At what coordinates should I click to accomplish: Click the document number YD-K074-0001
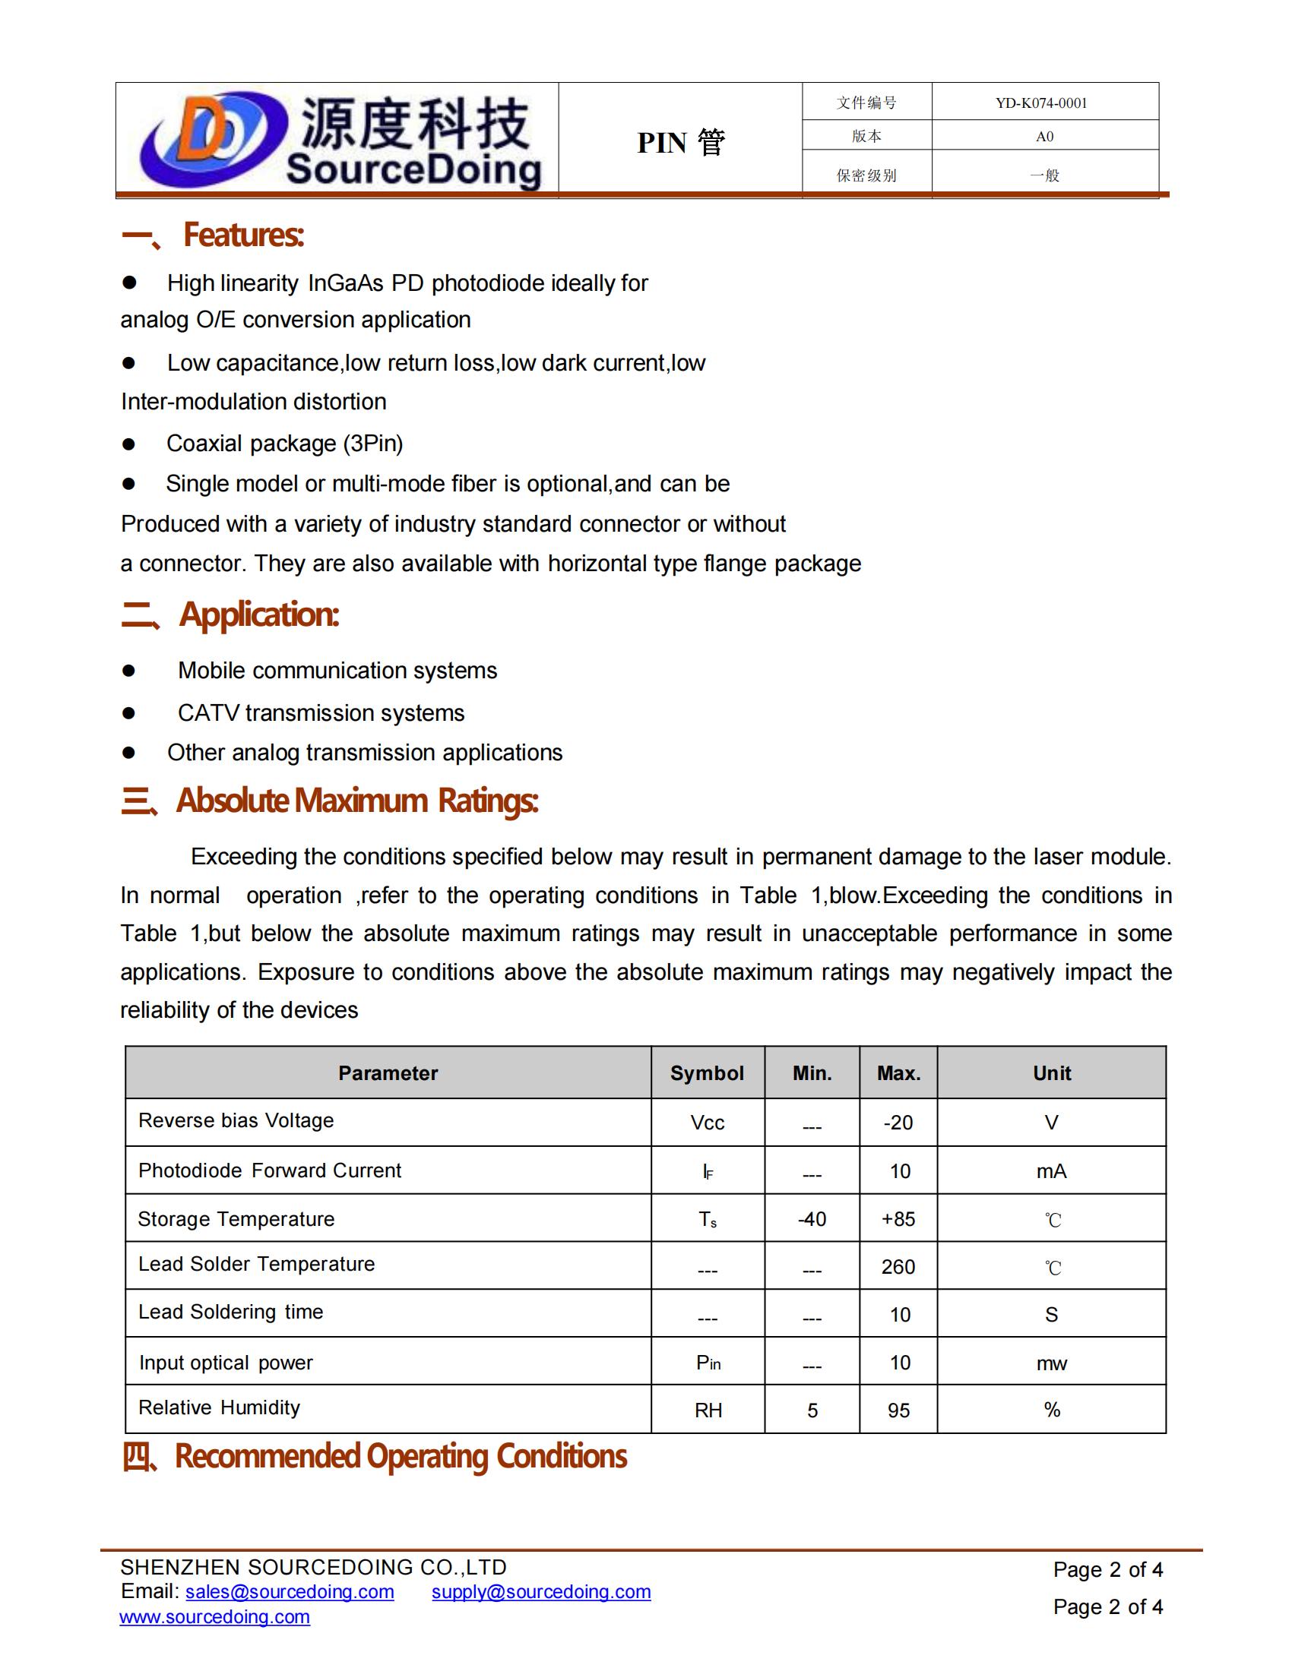[1041, 103]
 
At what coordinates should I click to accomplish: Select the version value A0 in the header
[1044, 137]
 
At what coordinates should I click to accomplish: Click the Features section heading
[242, 235]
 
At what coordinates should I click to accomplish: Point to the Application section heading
[258, 614]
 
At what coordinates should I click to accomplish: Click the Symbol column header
[707, 1072]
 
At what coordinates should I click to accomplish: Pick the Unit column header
[1052, 1072]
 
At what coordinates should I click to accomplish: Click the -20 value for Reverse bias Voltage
[898, 1123]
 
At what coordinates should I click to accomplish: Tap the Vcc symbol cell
[708, 1123]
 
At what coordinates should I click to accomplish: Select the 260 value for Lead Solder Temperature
[898, 1267]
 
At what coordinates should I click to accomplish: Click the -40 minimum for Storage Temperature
[812, 1219]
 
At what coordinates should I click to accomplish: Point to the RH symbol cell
[708, 1410]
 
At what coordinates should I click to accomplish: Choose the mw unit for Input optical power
[1051, 1363]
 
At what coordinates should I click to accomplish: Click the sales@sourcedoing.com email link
[290, 1591]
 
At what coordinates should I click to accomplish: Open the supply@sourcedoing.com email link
[540, 1591]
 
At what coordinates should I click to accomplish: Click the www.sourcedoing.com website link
[214, 1616]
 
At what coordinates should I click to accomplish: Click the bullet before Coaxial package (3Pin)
[128, 444]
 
